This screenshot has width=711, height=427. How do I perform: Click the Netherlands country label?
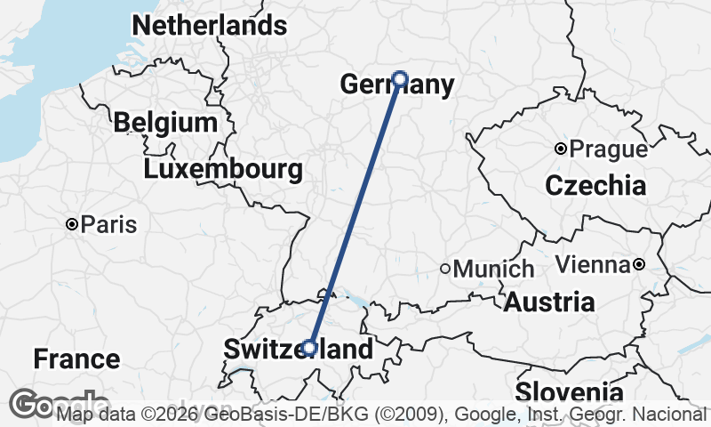(x=209, y=26)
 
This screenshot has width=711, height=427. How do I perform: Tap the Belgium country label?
(x=165, y=123)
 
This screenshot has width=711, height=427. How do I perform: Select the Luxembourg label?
(x=222, y=169)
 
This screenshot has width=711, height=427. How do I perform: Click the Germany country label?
(x=397, y=85)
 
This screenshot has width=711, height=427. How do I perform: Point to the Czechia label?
(x=595, y=186)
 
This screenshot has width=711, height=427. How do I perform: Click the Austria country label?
(x=549, y=302)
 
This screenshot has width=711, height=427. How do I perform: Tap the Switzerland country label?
(x=298, y=350)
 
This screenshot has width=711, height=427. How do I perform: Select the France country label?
(x=76, y=359)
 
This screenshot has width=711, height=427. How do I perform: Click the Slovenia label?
(x=569, y=392)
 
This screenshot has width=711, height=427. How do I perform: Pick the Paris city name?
(x=108, y=224)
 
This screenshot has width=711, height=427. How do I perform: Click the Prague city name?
(x=609, y=149)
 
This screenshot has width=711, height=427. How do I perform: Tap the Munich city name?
(x=493, y=269)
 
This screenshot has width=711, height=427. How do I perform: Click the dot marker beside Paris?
(x=72, y=224)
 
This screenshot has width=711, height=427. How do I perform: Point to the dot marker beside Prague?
(x=561, y=149)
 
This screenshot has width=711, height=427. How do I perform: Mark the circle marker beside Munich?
(x=445, y=268)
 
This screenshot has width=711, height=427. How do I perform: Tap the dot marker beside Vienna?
(x=639, y=264)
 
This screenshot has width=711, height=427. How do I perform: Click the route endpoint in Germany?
(x=400, y=78)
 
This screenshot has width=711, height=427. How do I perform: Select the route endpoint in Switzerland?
(x=309, y=348)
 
